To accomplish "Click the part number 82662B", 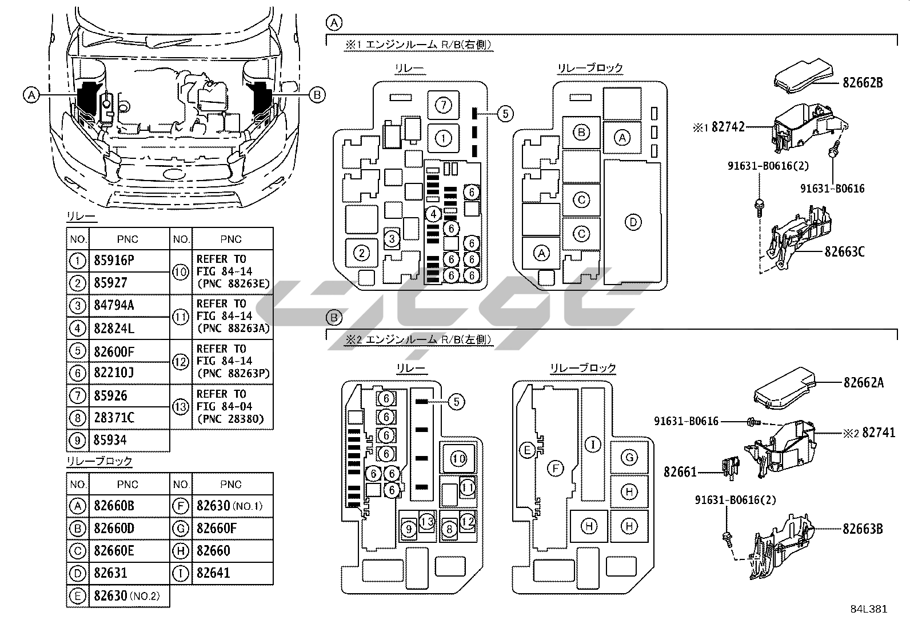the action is point(863,82).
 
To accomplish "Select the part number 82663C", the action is point(845,252).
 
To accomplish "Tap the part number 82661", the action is point(680,472).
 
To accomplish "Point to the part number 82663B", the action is point(863,529).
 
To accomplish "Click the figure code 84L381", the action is point(869,609).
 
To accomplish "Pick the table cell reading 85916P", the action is point(129,261).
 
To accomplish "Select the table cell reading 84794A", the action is point(129,306).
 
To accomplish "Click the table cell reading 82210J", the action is point(129,373).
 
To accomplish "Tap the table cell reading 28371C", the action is point(129,418).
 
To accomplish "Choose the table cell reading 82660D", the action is point(129,529).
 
